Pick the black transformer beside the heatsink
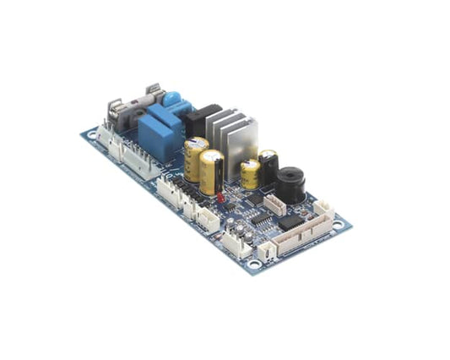pos(203,120)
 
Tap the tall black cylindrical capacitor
pos(268,167)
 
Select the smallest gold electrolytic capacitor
pos(250,173)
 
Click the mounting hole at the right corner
pos(338,225)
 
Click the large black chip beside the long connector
pos(289,222)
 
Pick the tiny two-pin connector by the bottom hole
pos(267,249)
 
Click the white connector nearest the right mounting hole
pos(323,209)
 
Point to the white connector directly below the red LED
pos(208,216)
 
